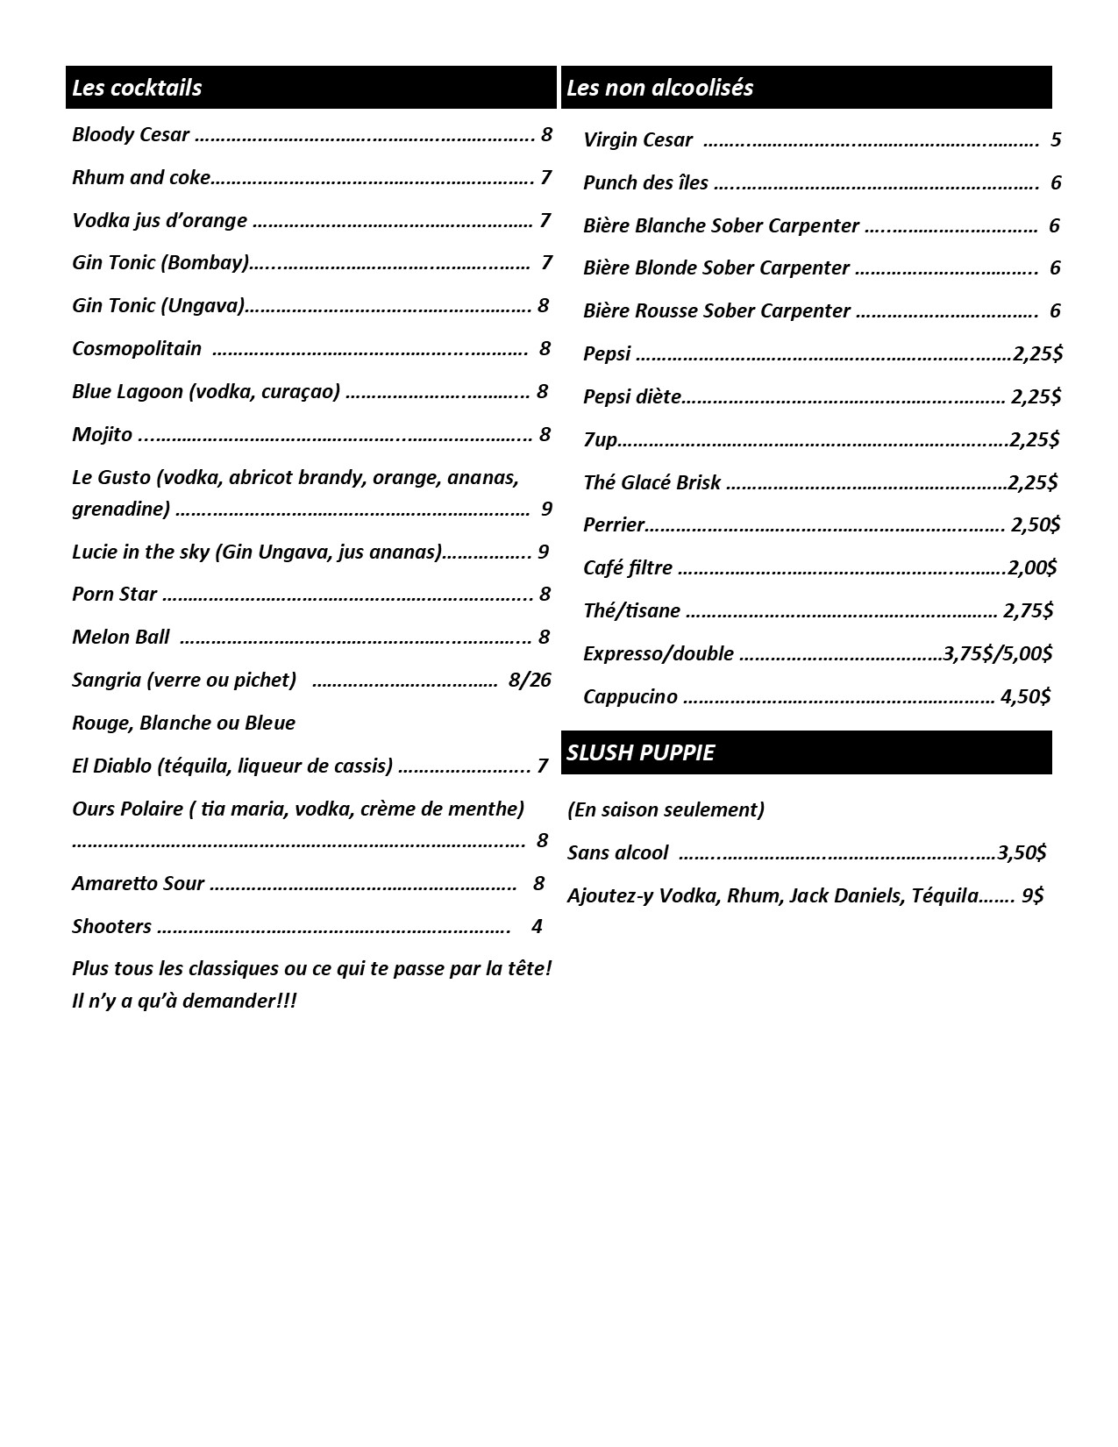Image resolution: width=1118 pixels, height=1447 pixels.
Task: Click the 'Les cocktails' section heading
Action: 137,88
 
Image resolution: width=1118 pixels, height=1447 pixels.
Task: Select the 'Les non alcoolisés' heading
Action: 659,88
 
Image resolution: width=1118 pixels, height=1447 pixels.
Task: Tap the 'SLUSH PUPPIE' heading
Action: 640,753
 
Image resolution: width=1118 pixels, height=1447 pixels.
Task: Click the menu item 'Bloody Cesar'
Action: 131,135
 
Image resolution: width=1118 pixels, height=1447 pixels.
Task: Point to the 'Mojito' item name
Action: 102,435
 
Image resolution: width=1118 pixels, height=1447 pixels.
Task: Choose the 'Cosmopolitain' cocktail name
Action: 137,349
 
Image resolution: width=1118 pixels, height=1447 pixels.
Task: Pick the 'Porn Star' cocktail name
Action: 114,595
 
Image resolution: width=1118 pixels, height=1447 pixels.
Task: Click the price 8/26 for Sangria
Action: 530,680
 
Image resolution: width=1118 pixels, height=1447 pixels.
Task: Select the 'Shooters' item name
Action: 111,927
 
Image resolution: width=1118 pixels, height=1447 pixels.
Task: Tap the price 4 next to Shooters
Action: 537,926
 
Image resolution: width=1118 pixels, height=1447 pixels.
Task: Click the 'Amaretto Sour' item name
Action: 138,884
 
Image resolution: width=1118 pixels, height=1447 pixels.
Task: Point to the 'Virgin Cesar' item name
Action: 637,140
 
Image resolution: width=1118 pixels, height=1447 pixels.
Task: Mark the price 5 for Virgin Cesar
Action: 1056,139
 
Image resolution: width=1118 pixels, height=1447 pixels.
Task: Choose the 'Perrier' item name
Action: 614,525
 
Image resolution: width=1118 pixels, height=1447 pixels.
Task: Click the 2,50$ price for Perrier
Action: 1036,524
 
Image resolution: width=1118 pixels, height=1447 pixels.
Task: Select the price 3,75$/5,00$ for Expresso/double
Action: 997,653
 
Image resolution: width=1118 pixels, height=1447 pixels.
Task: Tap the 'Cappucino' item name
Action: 630,697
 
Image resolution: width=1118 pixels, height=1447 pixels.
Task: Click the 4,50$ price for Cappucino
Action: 1025,696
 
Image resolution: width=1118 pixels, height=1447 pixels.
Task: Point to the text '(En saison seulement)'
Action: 666,809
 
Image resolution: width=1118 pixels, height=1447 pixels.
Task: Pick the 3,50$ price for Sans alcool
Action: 1022,852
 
